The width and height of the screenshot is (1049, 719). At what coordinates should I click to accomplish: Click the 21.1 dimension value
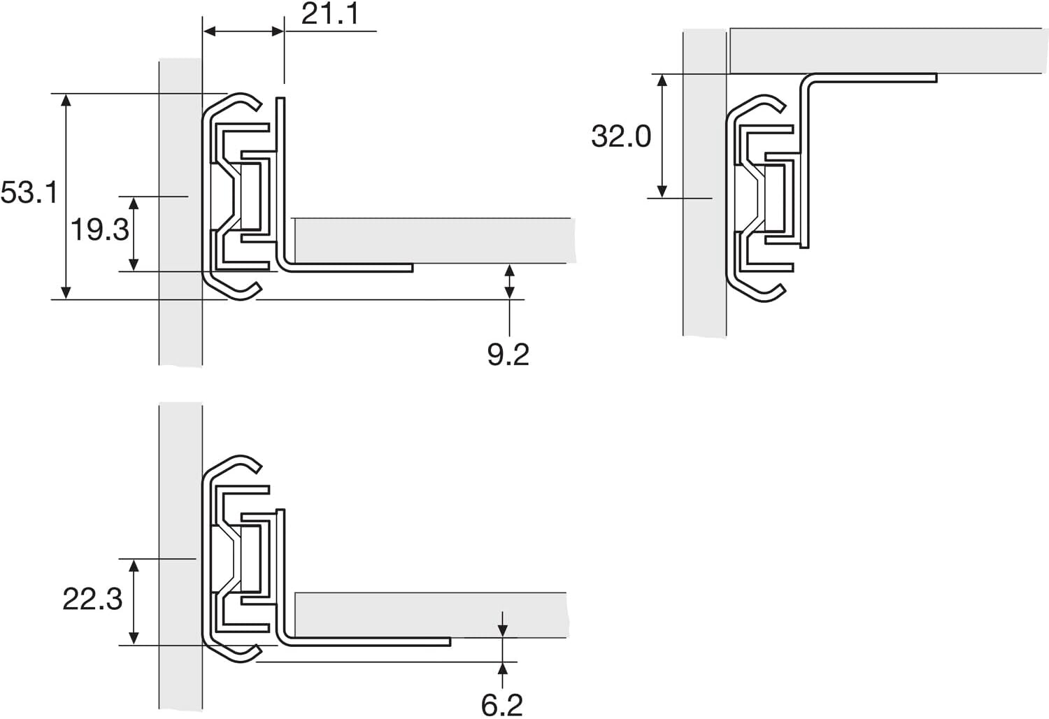[330, 14]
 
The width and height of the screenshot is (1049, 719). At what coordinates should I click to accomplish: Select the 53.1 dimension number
[29, 192]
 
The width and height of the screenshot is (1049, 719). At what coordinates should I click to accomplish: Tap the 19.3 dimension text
[100, 229]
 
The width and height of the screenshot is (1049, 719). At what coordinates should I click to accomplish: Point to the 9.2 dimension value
[508, 355]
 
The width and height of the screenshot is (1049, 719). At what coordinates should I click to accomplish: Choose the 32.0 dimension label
[621, 136]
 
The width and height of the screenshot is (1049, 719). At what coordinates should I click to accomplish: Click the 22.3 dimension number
[92, 599]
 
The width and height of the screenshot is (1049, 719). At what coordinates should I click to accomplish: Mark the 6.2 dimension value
[502, 705]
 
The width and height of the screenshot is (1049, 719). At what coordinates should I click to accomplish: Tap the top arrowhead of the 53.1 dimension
[66, 100]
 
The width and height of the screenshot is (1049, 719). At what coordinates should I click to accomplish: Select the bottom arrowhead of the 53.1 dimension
[66, 293]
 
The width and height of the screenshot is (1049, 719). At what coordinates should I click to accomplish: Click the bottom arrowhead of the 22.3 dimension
[134, 639]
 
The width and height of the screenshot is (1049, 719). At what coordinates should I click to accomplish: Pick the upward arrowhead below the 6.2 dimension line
[502, 668]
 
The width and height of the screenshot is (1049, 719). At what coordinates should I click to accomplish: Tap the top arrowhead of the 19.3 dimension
[134, 204]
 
